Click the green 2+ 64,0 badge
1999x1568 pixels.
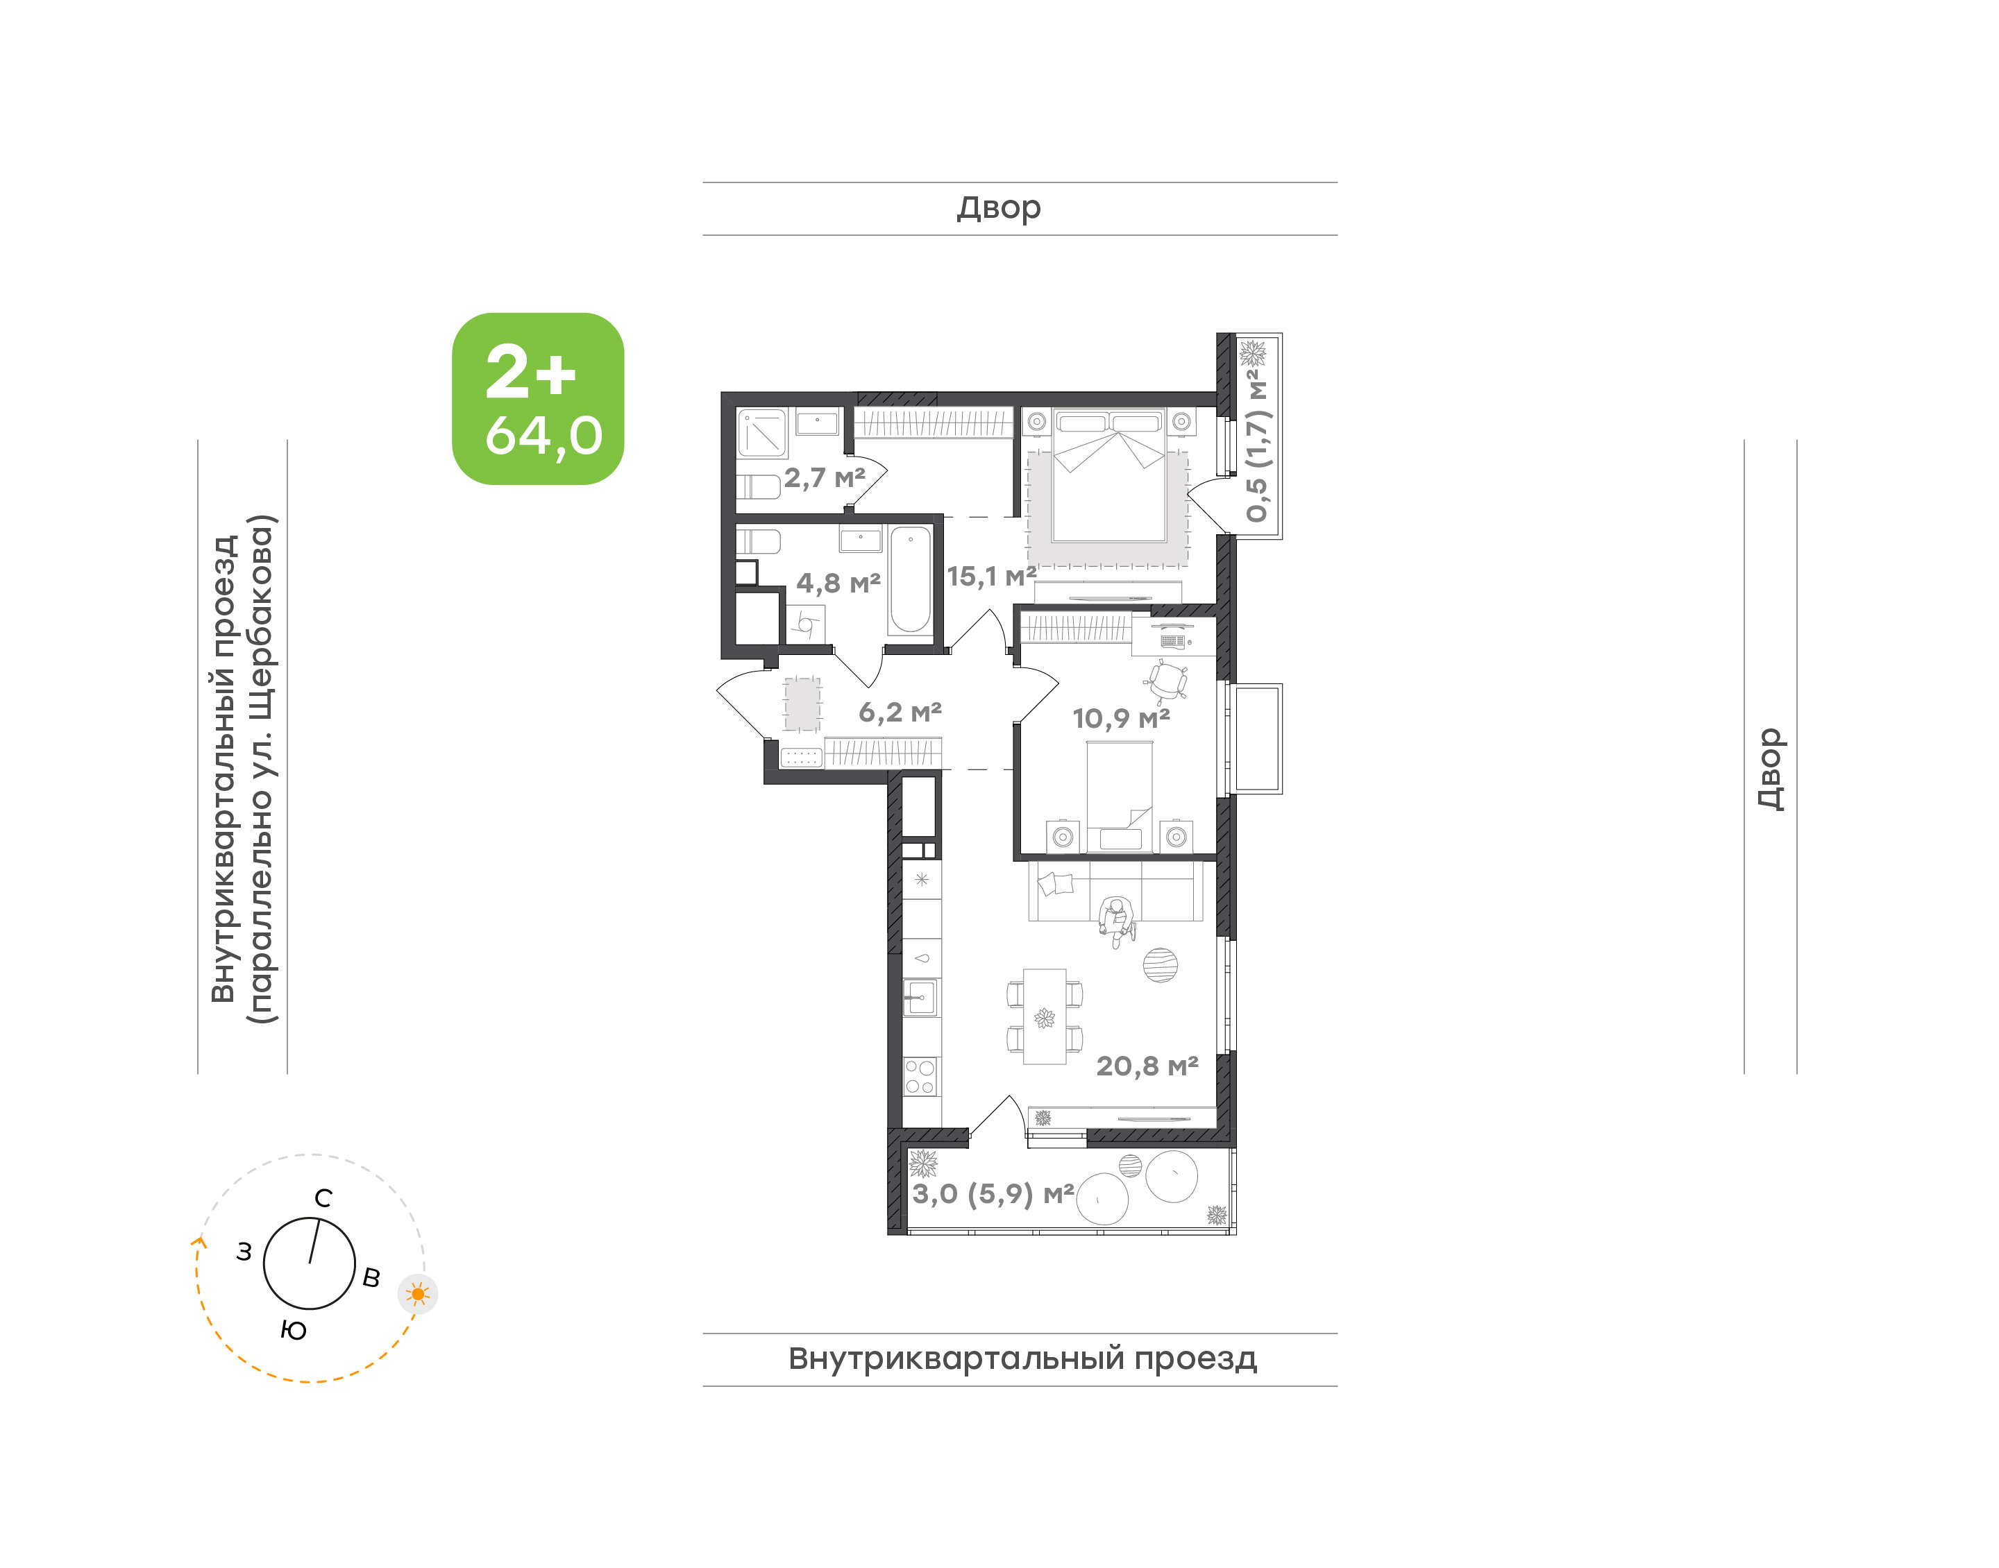(x=537, y=398)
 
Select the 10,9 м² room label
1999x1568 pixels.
(x=1121, y=718)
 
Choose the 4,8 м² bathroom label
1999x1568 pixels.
(x=838, y=582)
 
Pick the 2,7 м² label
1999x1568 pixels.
(x=825, y=477)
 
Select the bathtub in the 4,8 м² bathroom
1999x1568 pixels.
(x=910, y=579)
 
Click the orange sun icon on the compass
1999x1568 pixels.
(x=418, y=1295)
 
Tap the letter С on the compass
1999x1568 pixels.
(x=323, y=1198)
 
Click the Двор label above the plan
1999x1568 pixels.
(x=999, y=208)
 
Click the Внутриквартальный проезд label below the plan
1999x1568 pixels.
(x=1022, y=1358)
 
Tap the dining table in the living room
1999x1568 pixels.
(x=1045, y=1016)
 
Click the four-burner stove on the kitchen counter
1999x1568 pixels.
(x=920, y=1076)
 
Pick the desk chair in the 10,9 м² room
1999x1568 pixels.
(x=1166, y=680)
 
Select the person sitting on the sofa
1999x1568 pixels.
(x=1117, y=921)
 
